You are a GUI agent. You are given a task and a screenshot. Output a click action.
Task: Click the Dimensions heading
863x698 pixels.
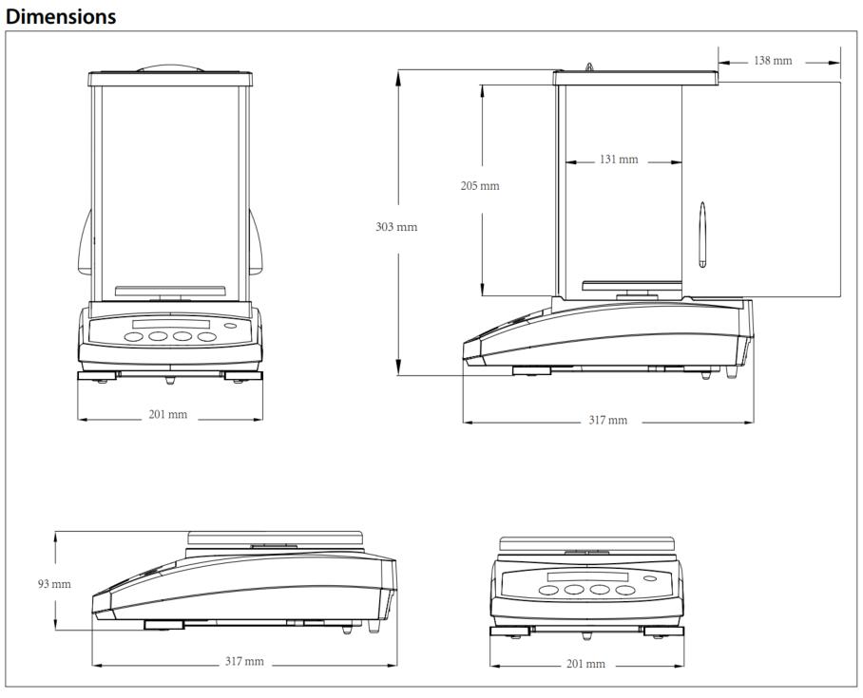click(x=61, y=16)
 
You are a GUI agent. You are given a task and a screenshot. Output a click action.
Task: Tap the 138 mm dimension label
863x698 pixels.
click(x=773, y=61)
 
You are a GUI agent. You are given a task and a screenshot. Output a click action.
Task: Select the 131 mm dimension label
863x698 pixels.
click(x=619, y=160)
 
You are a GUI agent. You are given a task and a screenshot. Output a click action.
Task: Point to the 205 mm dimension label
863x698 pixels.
click(x=480, y=186)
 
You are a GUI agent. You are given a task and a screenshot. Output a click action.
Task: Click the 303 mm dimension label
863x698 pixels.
click(x=396, y=227)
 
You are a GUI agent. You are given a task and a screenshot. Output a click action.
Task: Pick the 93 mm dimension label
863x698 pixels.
click(x=54, y=584)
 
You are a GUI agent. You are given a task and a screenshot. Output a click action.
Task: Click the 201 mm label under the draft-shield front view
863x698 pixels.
click(x=168, y=414)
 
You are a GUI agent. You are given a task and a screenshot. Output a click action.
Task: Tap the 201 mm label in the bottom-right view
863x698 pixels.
click(x=585, y=664)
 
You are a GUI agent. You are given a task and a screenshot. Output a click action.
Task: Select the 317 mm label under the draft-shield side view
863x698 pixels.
click(x=607, y=421)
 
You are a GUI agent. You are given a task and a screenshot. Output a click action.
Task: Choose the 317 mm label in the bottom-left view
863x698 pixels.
click(x=244, y=661)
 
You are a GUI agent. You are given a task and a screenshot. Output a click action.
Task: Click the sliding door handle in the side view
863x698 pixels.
click(x=702, y=235)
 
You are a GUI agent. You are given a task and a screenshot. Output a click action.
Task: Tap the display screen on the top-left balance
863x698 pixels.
click(x=171, y=324)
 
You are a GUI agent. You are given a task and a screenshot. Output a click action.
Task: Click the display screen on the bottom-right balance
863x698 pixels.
click(x=587, y=577)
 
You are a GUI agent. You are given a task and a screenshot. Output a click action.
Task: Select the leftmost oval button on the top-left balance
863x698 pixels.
click(x=134, y=336)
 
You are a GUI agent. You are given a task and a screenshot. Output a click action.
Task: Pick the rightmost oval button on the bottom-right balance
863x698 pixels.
click(x=625, y=590)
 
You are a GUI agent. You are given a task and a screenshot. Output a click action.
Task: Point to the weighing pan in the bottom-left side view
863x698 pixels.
click(x=276, y=538)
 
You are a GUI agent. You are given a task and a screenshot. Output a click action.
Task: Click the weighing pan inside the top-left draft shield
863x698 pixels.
click(x=170, y=291)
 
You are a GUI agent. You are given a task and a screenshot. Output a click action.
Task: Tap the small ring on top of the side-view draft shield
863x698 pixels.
click(x=589, y=67)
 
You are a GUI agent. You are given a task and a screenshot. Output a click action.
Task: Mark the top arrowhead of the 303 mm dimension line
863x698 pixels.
click(x=397, y=78)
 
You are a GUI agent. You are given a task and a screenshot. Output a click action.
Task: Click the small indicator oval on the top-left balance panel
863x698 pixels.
click(x=231, y=326)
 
